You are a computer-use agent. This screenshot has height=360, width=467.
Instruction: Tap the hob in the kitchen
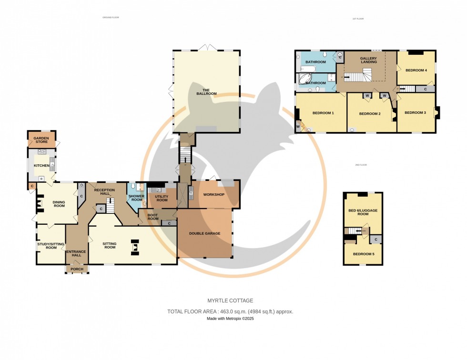tap(41, 152)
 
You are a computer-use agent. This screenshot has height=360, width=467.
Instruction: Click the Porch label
tap(77, 269)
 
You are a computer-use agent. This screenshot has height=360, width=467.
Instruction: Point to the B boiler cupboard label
tap(81, 185)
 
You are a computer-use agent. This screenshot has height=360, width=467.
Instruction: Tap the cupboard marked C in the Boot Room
tap(169, 223)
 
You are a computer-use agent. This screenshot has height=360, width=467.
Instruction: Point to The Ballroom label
tap(206, 92)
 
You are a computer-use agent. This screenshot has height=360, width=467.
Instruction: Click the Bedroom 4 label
tap(416, 70)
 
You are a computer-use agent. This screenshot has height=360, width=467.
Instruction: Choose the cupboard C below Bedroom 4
tap(424, 89)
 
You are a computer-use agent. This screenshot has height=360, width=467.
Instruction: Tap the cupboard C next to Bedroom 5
tap(376, 240)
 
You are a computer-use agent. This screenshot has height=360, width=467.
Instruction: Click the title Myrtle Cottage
tap(230, 300)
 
